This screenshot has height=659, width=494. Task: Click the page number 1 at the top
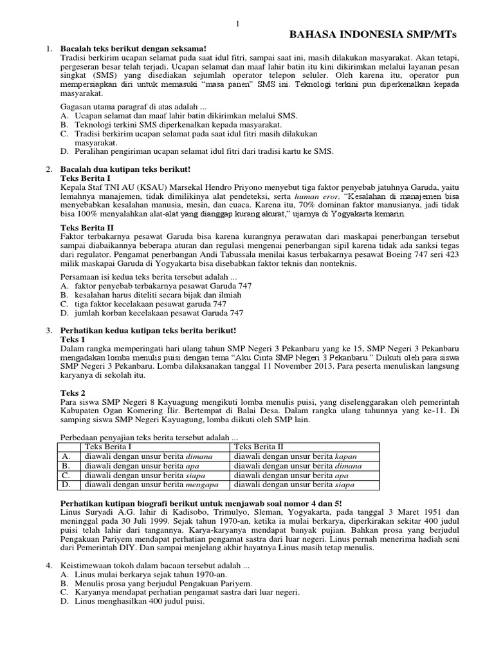[x=237, y=24]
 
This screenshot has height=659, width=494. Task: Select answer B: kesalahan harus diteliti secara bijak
[x=151, y=295]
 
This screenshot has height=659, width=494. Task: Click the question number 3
[x=48, y=330]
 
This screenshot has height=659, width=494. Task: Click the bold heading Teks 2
[x=72, y=392]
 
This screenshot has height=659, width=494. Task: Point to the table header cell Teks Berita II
[x=259, y=446]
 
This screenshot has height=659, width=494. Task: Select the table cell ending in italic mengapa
[x=149, y=485]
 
